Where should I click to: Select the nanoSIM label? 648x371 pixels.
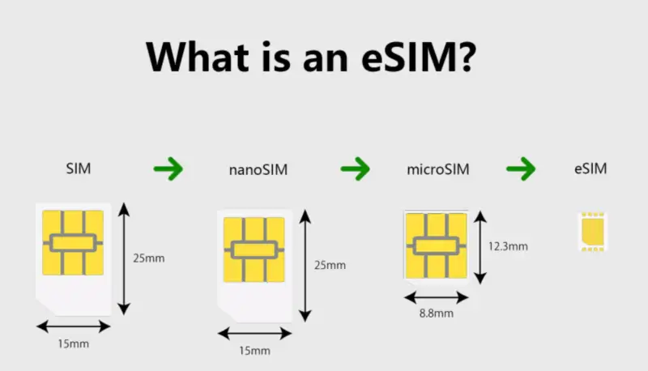point(258,170)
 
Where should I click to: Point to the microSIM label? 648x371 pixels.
point(437,170)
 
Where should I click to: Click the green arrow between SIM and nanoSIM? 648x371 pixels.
point(168,169)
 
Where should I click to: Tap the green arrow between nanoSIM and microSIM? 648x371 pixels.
point(355,169)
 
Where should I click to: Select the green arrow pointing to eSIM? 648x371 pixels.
point(521,169)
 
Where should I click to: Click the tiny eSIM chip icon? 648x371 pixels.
point(593,232)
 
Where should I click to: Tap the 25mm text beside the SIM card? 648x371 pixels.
point(148,259)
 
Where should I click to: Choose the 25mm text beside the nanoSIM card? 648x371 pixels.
point(329,265)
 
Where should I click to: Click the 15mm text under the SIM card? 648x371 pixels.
point(72,343)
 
